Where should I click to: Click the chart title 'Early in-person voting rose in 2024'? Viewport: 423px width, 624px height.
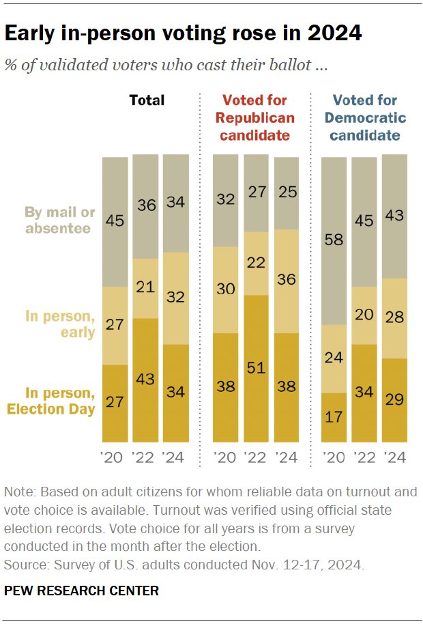183,33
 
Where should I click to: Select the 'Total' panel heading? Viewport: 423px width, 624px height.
147,100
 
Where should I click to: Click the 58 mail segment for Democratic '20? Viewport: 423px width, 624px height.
334,240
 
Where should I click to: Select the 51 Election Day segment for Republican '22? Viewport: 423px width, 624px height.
256,369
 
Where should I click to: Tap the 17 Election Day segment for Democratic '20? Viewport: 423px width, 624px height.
334,417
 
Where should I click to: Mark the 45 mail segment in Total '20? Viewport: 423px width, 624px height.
115,221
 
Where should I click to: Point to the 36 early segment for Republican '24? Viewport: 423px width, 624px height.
286,281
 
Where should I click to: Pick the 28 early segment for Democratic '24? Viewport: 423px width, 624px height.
394,318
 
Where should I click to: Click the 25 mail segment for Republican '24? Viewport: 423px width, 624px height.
286,193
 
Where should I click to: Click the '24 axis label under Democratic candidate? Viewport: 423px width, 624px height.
394,457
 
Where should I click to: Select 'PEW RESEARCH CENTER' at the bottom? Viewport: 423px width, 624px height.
81,591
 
